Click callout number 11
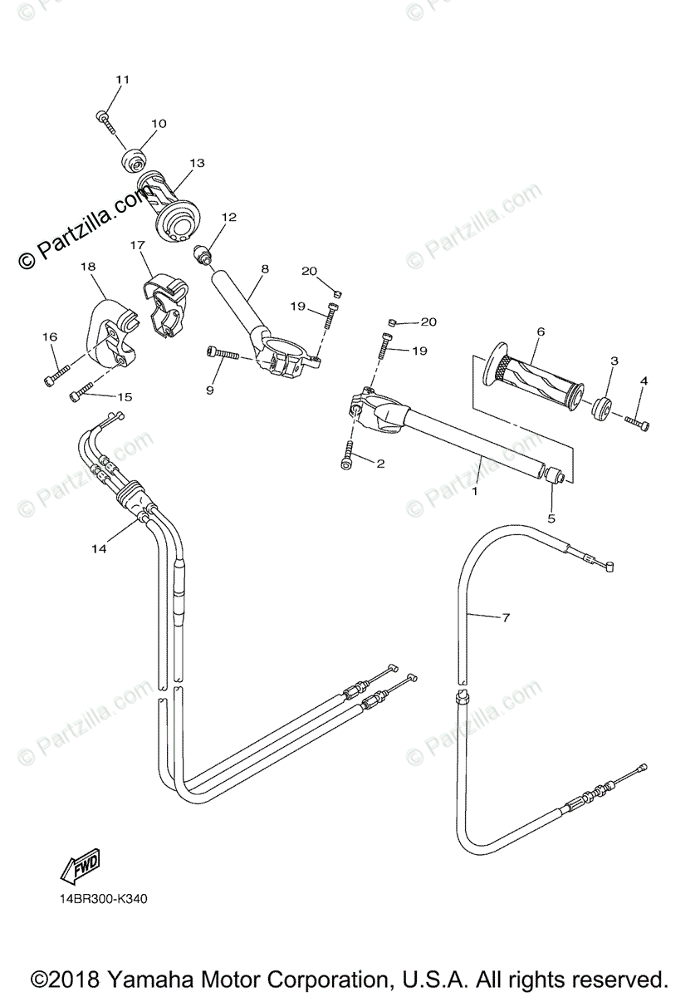point(123,80)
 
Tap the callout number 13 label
point(197,164)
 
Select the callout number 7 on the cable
point(505,617)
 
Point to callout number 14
point(100,548)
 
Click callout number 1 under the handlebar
point(475,492)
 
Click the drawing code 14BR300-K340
point(103,899)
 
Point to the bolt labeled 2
point(347,456)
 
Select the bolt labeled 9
point(222,355)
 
